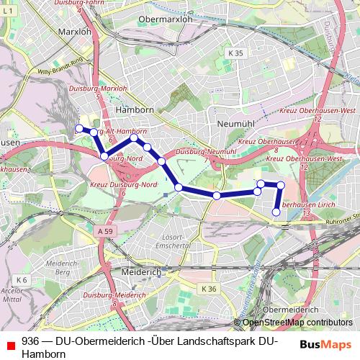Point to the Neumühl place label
(233, 124)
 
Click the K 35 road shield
(235, 53)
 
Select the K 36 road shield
(209, 289)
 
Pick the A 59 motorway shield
(104, 231)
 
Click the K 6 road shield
(21, 279)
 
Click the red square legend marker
(10, 345)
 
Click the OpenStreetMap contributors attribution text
(297, 323)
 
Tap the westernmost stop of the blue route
(79, 128)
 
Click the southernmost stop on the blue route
(276, 212)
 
